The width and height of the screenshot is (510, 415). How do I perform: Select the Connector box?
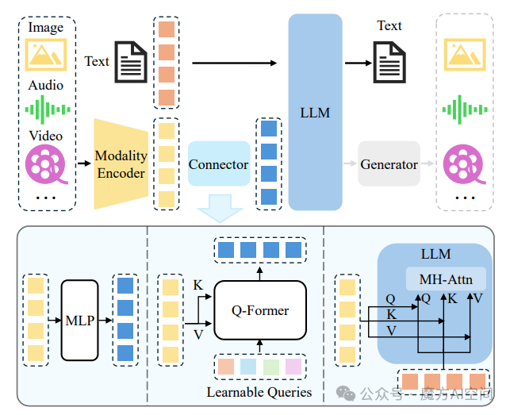click(218, 165)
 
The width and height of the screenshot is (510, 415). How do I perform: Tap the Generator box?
click(389, 164)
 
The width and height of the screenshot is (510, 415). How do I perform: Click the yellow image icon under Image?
click(45, 54)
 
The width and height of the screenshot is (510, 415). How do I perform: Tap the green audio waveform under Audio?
click(46, 108)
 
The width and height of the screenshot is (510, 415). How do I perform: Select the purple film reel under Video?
click(45, 163)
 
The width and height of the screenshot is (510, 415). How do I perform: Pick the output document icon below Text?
click(389, 63)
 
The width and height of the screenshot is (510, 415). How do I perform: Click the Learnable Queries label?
click(259, 392)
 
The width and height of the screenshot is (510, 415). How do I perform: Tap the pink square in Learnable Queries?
click(293, 367)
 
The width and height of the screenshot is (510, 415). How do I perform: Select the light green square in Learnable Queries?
click(270, 367)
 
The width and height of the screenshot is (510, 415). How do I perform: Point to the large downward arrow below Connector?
click(218, 208)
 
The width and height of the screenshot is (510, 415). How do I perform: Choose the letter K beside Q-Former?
click(197, 285)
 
